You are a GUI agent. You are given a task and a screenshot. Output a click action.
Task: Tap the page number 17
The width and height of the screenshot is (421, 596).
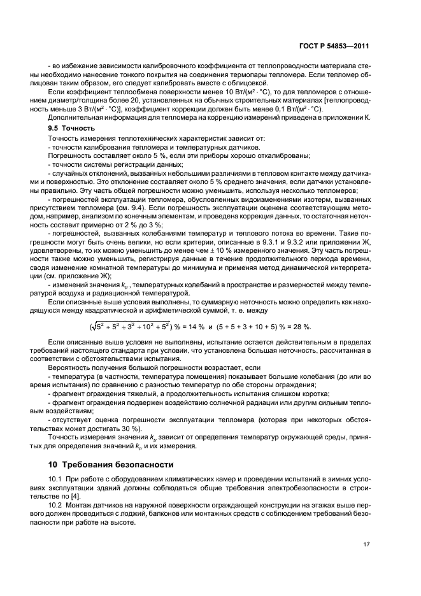[x=366, y=544]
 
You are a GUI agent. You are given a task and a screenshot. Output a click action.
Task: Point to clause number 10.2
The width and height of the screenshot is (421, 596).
[x=55, y=504]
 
